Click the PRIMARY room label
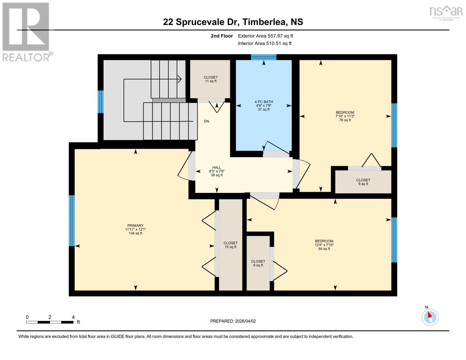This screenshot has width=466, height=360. point(135,229)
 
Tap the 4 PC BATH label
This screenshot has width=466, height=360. point(264,105)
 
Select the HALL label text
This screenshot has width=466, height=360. point(217,171)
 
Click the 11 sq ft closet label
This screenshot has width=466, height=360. point(211,79)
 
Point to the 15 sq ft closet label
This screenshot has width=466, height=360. point(230,245)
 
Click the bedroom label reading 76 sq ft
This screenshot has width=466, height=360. point(345,116)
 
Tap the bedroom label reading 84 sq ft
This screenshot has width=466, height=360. point(324,244)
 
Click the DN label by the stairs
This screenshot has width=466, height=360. point(206,121)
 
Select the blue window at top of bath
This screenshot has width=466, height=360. point(263,57)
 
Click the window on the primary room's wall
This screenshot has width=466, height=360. point(71,220)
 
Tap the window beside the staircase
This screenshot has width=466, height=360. point(101,102)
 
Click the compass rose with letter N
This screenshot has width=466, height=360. point(430,317)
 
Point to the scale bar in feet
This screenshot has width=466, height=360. point(50,322)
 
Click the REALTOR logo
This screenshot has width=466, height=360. point(27,31)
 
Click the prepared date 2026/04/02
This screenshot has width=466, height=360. point(233,321)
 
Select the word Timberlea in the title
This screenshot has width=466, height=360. point(262,22)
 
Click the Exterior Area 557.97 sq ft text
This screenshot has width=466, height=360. point(265,36)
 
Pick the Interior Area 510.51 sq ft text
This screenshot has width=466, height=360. point(265,43)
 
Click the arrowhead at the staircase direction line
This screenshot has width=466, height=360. point(179,79)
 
